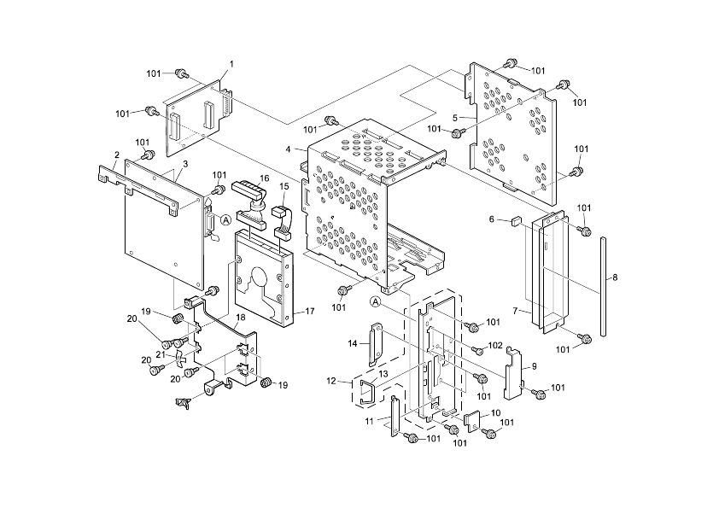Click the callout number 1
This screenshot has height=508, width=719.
pyautogui.click(x=231, y=65)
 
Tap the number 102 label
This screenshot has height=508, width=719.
pyautogui.click(x=494, y=346)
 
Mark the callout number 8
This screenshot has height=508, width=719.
pyautogui.click(x=615, y=277)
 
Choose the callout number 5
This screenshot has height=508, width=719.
pyautogui.click(x=457, y=117)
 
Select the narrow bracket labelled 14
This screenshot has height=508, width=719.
pyautogui.click(x=373, y=343)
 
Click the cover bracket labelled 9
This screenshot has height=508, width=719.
pyautogui.click(x=514, y=374)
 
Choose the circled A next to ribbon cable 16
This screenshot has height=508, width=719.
pyautogui.click(x=225, y=219)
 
